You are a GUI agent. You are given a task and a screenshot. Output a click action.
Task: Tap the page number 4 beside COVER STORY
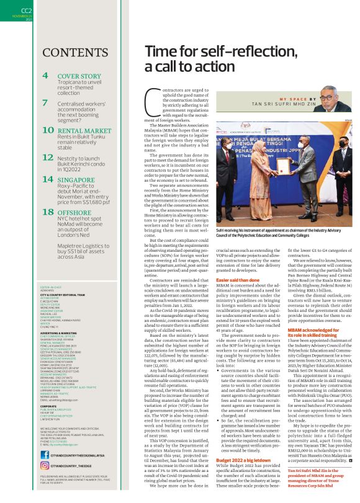(46, 77)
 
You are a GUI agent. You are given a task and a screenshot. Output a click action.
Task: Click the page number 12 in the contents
(48, 158)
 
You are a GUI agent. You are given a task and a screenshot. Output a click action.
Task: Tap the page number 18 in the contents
(48, 212)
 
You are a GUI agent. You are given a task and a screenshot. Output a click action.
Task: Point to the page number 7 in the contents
(45, 102)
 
